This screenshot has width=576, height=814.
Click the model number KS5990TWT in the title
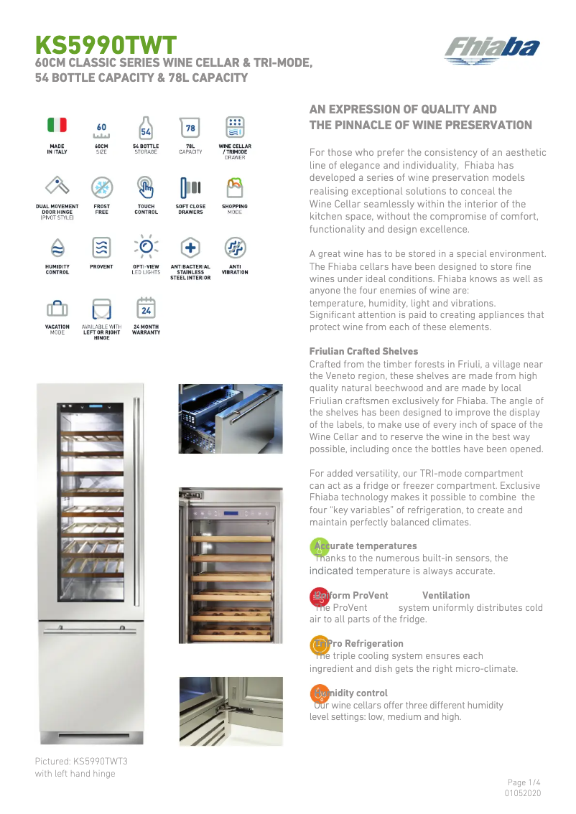coord(106,45)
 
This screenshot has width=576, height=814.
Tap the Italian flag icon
coord(57,125)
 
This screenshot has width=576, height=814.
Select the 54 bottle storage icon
coord(146,128)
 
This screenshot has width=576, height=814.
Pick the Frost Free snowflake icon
coord(101,188)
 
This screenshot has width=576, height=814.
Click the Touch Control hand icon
coord(146,188)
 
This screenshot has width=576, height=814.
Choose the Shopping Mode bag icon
coord(235,188)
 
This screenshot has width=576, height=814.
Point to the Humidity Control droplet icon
coord(57,248)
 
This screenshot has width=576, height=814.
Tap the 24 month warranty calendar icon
coord(146,308)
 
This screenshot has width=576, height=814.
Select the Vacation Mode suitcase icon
coord(57,309)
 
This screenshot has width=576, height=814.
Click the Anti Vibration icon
coord(235,248)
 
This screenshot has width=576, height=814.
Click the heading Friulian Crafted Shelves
coord(363,351)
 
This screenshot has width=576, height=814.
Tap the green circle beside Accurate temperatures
coord(319,547)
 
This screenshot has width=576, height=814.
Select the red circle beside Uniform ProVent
coord(319,597)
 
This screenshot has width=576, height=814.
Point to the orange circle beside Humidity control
coord(319,693)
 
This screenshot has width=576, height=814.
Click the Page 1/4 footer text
coord(524,782)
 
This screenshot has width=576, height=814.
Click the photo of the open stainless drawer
coord(231,418)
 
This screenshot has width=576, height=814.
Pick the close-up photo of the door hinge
coord(231,711)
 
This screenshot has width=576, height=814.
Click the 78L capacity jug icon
coord(190,128)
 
